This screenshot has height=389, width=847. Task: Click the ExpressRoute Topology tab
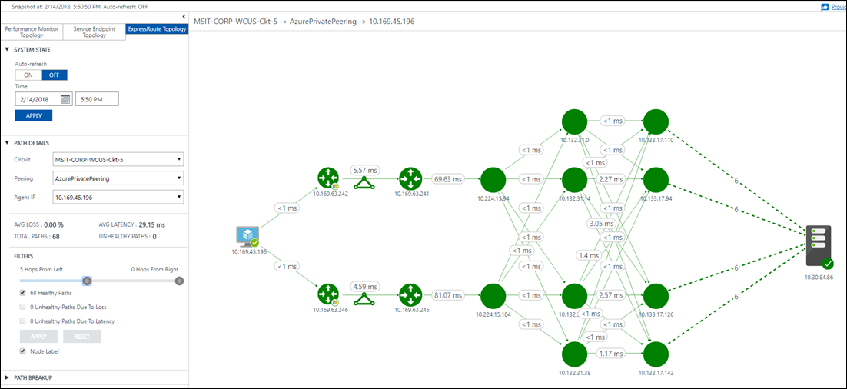[x=156, y=29]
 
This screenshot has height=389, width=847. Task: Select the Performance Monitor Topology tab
[x=32, y=32]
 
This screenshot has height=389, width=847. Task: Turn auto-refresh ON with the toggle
[x=28, y=75]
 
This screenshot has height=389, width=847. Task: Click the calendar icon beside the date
[x=65, y=98]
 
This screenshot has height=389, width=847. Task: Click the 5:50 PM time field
[x=97, y=98]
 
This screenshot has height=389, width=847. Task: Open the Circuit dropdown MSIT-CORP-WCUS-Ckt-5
[x=118, y=159]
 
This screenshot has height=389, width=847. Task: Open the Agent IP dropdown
[x=118, y=198]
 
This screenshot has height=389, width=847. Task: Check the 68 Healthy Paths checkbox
[x=23, y=293]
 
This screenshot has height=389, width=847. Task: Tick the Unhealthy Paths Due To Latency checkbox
[x=23, y=321]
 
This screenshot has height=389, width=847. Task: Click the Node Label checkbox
[x=23, y=351]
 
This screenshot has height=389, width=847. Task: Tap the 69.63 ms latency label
[x=447, y=179]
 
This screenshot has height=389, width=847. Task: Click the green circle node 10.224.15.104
[x=493, y=295]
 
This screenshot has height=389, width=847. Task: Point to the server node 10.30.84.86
[x=818, y=247]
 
